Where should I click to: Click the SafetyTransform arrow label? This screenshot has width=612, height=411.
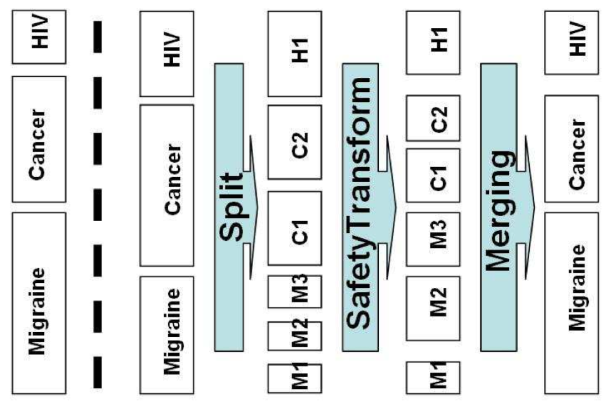point(360,206)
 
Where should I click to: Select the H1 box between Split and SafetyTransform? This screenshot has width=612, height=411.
point(294,54)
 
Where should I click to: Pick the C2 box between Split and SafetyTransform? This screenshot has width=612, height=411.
point(294,142)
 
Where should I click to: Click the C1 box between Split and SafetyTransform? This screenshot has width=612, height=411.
point(294,228)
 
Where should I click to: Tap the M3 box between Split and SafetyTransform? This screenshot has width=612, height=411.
point(294,291)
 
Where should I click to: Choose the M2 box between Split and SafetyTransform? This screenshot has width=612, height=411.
point(294,336)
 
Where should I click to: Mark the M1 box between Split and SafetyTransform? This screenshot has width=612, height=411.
point(294,378)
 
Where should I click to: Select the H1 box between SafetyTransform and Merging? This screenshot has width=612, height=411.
point(433,43)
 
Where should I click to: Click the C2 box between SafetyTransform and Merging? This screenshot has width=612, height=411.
point(433,118)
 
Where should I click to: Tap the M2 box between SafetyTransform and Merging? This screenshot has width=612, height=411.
point(433,308)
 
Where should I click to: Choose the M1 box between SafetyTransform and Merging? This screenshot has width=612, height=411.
point(433,377)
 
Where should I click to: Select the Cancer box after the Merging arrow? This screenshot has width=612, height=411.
point(572,148)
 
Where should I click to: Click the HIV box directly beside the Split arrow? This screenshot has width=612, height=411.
point(167,54)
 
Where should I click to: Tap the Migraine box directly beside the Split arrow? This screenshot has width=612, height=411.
point(167,335)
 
